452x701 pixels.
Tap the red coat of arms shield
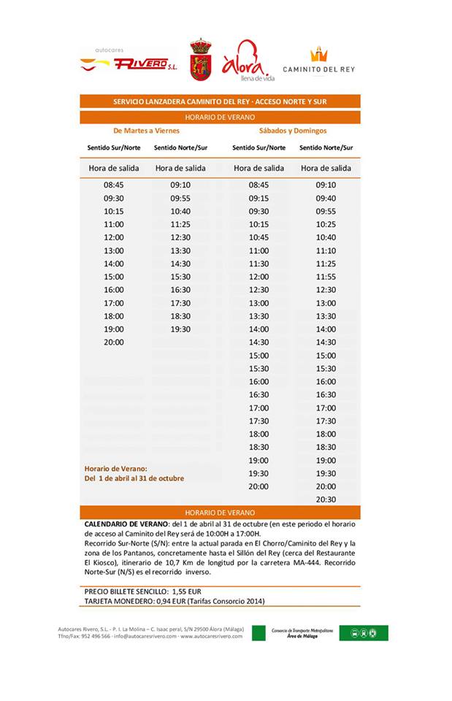click(200, 61)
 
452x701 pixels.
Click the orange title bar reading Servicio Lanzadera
click(220, 102)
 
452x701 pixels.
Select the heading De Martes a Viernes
click(146, 131)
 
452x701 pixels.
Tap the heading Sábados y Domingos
click(293, 131)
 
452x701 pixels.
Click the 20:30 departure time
click(326, 499)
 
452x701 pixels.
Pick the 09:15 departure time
click(258, 198)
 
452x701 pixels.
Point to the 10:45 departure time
click(258, 237)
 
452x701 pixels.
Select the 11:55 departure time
click(326, 277)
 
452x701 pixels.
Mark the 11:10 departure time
click(326, 250)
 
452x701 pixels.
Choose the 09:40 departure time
click(326, 198)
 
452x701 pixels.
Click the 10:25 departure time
click(326, 224)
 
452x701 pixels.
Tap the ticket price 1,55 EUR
click(185, 591)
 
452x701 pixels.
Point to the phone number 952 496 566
click(96, 636)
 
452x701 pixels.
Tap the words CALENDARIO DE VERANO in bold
click(126, 524)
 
